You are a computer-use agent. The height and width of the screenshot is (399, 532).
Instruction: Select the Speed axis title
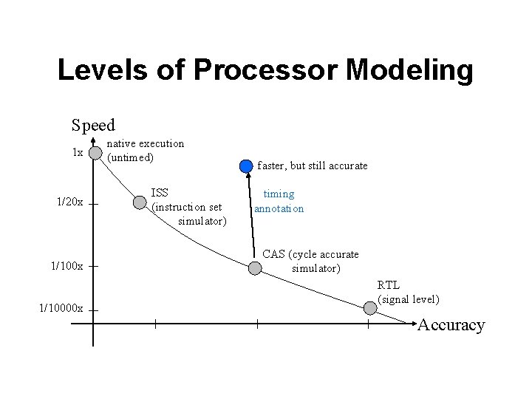(93, 125)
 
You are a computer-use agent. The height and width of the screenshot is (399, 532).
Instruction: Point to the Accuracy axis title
(451, 325)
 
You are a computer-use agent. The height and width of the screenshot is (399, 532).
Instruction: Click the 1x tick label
(77, 153)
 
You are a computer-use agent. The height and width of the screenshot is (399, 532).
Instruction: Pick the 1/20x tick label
(70, 202)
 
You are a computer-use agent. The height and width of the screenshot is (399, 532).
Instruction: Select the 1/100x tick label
(67, 265)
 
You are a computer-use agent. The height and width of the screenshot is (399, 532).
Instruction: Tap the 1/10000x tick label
(61, 308)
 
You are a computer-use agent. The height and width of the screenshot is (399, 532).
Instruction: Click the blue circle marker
(246, 166)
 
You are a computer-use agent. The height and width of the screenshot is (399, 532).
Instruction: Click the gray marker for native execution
(95, 153)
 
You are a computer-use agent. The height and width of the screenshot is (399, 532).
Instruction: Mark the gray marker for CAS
(254, 268)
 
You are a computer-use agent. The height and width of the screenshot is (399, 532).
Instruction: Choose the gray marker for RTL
(369, 304)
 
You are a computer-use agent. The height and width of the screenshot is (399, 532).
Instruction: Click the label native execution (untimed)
(146, 150)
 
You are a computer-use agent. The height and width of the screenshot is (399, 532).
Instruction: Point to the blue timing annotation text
(279, 201)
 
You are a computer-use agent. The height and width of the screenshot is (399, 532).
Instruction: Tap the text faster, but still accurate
(312, 166)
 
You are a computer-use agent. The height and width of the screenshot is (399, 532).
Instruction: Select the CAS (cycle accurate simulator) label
(311, 261)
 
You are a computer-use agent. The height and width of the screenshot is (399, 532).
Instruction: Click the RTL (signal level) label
(408, 292)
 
